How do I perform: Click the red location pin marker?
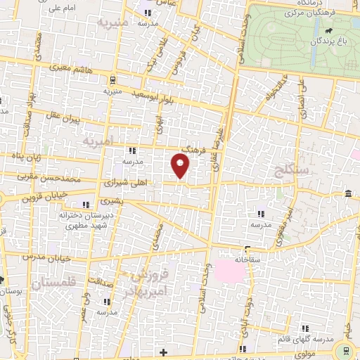point(181,167)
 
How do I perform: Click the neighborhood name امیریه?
point(98,143)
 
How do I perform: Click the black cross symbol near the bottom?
point(163,352)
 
